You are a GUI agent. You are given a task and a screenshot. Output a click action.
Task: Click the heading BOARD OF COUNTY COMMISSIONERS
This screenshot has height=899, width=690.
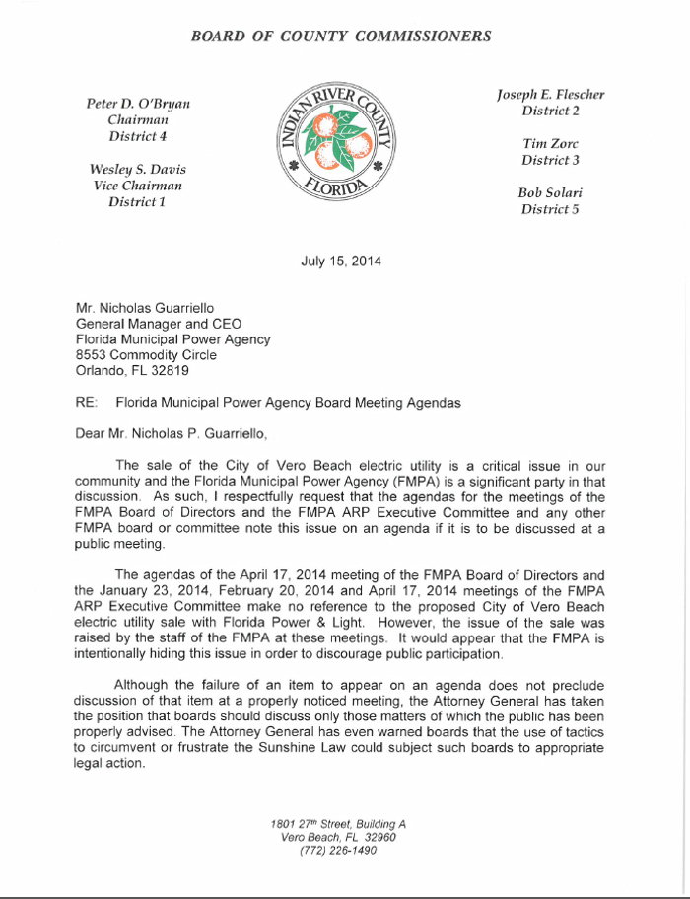340,37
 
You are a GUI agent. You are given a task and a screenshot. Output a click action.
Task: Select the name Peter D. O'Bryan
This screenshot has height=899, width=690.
138,103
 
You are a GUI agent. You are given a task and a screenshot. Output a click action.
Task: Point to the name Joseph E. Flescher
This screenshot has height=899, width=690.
550,95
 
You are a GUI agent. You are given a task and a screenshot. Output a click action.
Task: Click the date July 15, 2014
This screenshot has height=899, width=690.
341,262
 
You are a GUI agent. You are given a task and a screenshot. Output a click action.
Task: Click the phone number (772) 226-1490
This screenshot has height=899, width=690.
338,851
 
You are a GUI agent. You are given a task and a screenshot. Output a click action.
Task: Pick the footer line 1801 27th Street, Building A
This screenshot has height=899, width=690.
338,824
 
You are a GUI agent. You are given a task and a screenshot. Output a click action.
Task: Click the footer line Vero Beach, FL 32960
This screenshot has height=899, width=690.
338,837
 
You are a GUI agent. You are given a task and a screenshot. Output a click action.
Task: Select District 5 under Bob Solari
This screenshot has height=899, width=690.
549,208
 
